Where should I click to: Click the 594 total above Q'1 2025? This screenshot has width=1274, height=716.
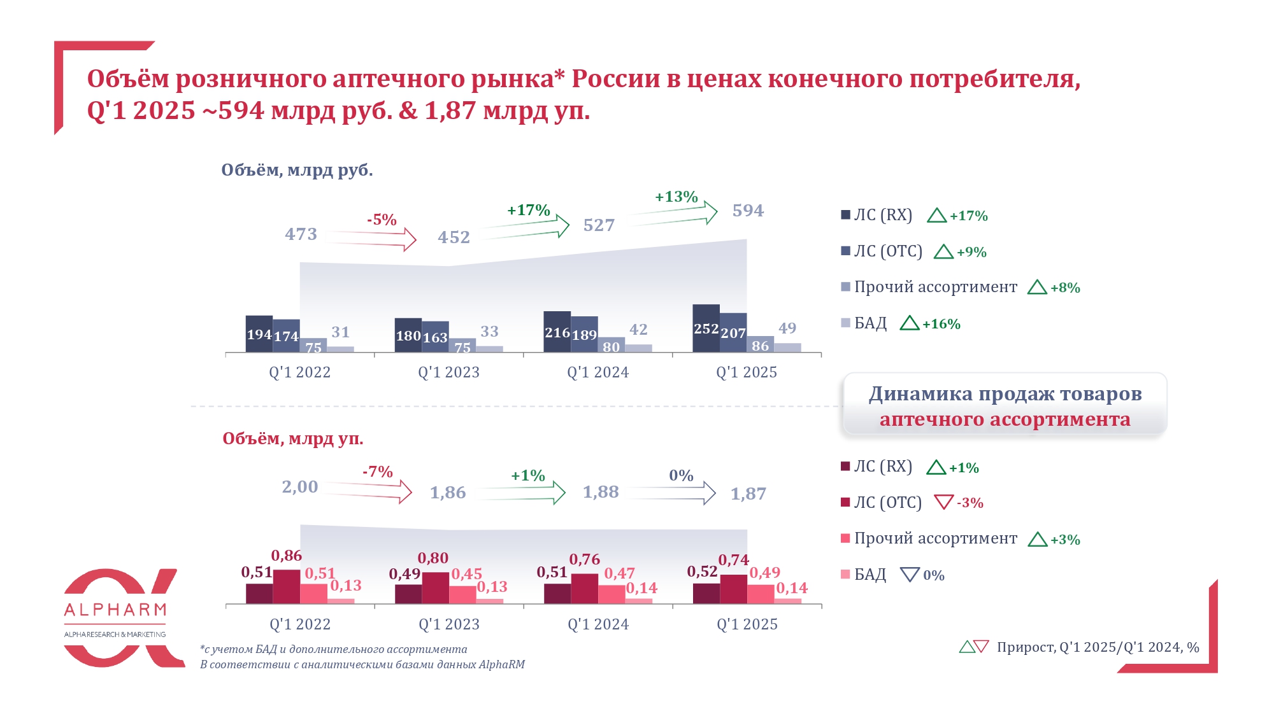[x=748, y=211]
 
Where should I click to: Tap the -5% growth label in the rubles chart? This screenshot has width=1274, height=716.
[x=382, y=220]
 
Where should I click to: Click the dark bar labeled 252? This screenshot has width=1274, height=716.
[x=706, y=328]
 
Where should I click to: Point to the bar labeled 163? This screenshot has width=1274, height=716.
[x=435, y=337]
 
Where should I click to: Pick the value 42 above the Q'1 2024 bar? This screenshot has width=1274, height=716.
[x=638, y=330]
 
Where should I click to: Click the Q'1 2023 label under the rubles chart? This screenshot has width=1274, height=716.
[x=448, y=372]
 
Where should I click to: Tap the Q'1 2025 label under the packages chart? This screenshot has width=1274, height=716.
[x=747, y=624]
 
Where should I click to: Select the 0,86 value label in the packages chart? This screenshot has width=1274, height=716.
[x=287, y=556]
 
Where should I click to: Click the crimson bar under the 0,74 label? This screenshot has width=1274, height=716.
[x=733, y=589]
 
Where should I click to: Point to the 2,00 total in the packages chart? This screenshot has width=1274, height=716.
[x=300, y=487]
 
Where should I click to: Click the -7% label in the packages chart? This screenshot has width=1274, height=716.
[x=378, y=472]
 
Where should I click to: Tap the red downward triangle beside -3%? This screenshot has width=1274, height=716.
[x=943, y=502]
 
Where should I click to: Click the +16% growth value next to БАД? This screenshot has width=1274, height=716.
[x=941, y=324]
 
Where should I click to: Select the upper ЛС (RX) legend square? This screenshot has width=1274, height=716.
[x=846, y=215]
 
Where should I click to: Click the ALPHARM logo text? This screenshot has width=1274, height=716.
[x=115, y=610]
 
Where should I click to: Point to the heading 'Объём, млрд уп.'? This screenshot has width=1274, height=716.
[x=293, y=439]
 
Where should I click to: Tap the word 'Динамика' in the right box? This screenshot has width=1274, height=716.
[x=920, y=394]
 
